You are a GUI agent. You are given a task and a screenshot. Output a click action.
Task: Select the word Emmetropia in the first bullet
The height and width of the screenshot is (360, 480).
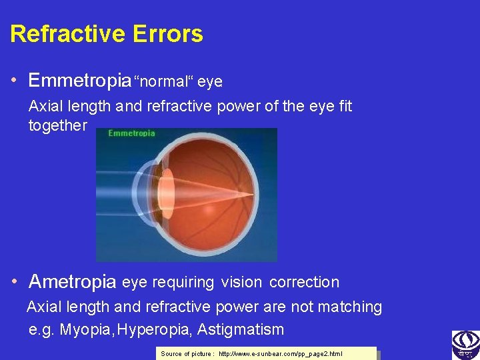(x=79, y=81)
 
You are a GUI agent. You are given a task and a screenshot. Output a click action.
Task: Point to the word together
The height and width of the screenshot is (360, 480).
(x=57, y=125)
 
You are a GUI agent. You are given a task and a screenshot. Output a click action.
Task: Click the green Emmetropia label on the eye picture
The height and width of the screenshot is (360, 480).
(x=131, y=133)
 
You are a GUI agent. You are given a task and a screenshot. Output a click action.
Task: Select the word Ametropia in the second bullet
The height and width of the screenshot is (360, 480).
(x=73, y=282)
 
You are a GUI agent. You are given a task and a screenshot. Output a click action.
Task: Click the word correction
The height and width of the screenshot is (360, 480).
(x=304, y=282)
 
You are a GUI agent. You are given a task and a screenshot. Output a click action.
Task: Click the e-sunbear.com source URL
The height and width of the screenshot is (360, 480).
(x=280, y=353)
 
